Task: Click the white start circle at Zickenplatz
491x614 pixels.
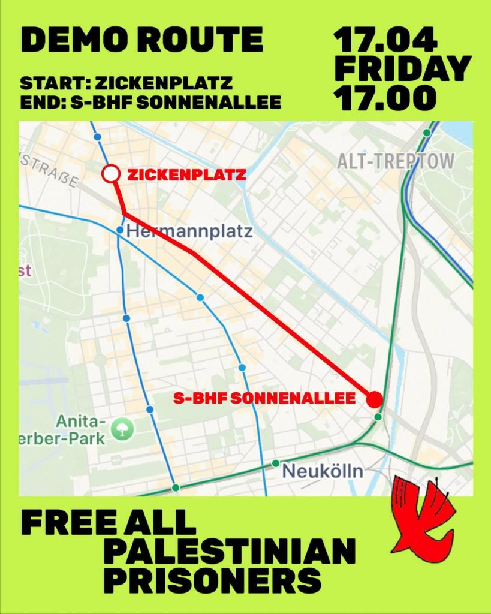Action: tap(110, 174)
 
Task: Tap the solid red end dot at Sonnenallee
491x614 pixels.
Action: tap(374, 399)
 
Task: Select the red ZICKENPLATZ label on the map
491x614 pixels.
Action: tap(186, 175)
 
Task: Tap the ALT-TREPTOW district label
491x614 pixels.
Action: tap(396, 161)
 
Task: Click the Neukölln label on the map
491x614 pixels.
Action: tap(322, 471)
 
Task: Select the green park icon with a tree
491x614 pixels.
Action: tap(122, 428)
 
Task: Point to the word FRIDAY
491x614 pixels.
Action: tap(402, 68)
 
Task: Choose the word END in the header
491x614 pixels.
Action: tap(38, 103)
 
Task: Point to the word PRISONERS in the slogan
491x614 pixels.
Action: tap(212, 580)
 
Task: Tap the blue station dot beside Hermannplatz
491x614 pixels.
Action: tap(120, 230)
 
